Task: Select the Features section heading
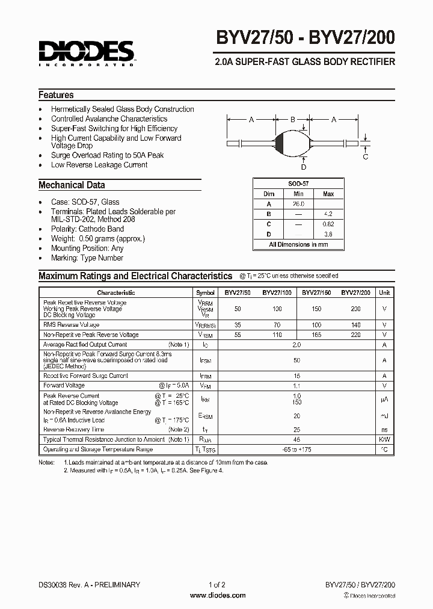tap(56, 95)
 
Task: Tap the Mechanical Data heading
tap(72, 185)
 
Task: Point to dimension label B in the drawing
tap(293, 120)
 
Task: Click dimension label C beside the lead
tap(365, 157)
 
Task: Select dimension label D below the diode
tap(304, 167)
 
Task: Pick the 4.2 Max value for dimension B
tap(328, 214)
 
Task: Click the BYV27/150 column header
tap(316, 292)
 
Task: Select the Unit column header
tap(384, 292)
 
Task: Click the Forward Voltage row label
tap(64, 385)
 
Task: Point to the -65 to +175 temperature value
tap(296, 450)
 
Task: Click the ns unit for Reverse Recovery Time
tap(384, 430)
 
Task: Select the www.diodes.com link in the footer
tap(217, 595)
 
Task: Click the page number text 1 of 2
tap(217, 584)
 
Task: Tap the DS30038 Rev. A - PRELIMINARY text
tap(89, 584)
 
